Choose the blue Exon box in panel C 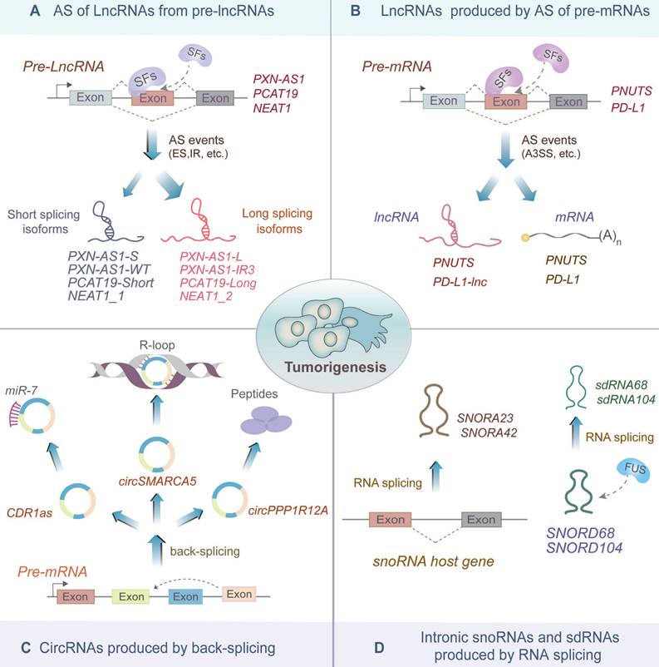(x=186, y=596)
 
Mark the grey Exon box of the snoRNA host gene (x=479, y=519)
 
